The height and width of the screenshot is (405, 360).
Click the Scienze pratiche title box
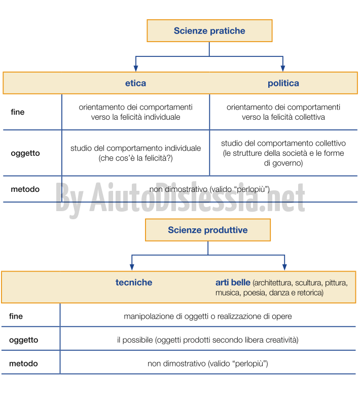(209, 31)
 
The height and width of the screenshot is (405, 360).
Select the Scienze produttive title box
(208, 230)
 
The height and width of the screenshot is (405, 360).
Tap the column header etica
(135, 83)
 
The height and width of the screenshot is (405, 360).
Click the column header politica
(283, 83)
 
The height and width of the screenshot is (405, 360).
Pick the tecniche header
(134, 282)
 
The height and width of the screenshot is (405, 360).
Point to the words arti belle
(233, 282)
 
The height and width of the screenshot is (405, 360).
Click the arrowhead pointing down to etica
(136, 68)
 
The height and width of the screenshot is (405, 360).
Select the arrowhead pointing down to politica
(283, 68)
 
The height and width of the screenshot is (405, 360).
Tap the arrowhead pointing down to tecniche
(132, 267)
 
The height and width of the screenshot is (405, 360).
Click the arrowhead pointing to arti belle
(284, 267)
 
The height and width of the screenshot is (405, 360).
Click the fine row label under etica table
(18, 112)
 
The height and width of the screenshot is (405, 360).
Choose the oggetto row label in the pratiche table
(25, 153)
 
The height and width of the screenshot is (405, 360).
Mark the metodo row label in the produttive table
(23, 363)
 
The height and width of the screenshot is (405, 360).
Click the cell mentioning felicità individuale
(135, 112)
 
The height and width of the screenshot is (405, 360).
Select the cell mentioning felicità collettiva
(283, 112)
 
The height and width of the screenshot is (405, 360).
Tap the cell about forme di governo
(283, 153)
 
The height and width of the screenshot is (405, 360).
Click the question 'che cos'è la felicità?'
(135, 158)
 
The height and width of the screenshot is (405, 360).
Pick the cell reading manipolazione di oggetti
(208, 316)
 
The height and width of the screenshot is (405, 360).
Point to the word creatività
(282, 340)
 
